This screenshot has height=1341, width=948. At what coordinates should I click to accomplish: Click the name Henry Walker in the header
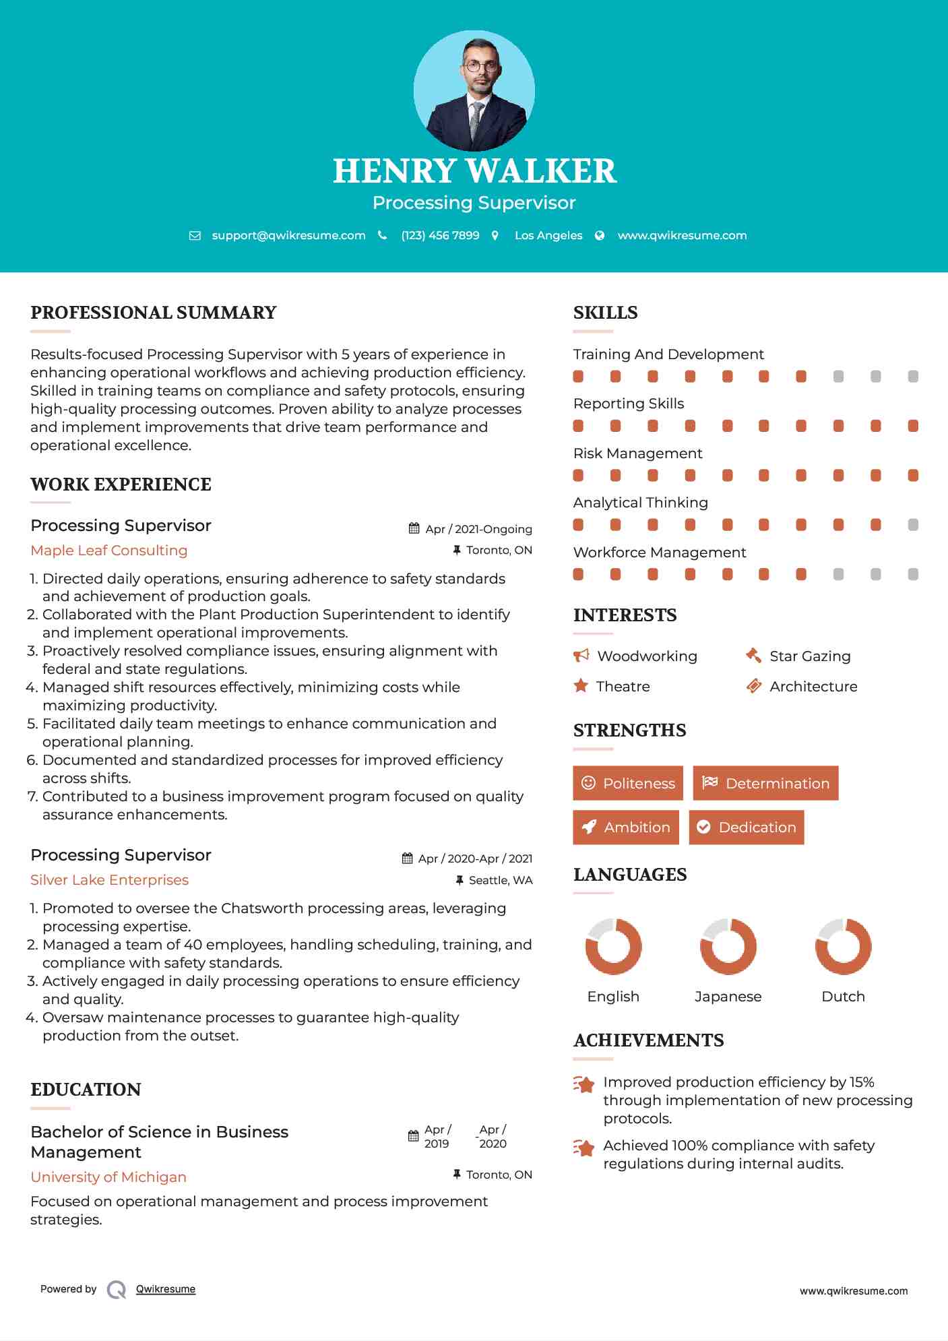(474, 171)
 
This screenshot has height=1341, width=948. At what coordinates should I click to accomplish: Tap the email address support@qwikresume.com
(288, 235)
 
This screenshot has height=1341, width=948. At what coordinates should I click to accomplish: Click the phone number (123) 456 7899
(440, 235)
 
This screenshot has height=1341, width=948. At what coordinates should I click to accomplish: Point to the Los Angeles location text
(548, 235)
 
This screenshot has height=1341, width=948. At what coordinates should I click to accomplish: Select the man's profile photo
(474, 91)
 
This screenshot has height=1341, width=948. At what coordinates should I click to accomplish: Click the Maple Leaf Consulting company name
(109, 551)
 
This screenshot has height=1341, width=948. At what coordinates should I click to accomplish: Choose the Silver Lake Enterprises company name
(109, 880)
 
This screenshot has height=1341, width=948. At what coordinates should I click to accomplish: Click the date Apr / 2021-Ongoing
(478, 529)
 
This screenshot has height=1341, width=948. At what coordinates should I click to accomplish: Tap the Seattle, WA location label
(500, 880)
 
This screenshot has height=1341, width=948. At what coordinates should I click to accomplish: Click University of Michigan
(108, 1177)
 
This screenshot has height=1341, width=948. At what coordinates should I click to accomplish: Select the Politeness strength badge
(628, 783)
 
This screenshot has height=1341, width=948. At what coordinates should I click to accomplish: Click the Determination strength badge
(765, 783)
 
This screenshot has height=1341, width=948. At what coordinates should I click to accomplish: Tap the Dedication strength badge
(747, 828)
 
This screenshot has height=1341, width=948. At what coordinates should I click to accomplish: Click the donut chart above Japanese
(728, 946)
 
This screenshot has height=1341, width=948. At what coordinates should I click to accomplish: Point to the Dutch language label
(843, 997)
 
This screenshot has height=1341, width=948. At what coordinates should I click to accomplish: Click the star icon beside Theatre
(581, 686)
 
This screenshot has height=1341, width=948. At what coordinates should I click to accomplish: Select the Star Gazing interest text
(810, 656)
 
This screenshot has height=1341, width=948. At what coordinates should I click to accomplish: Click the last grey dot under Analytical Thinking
(913, 525)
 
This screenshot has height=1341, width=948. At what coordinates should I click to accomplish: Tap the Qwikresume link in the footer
(166, 1289)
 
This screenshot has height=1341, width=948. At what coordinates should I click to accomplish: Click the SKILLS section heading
(605, 313)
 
